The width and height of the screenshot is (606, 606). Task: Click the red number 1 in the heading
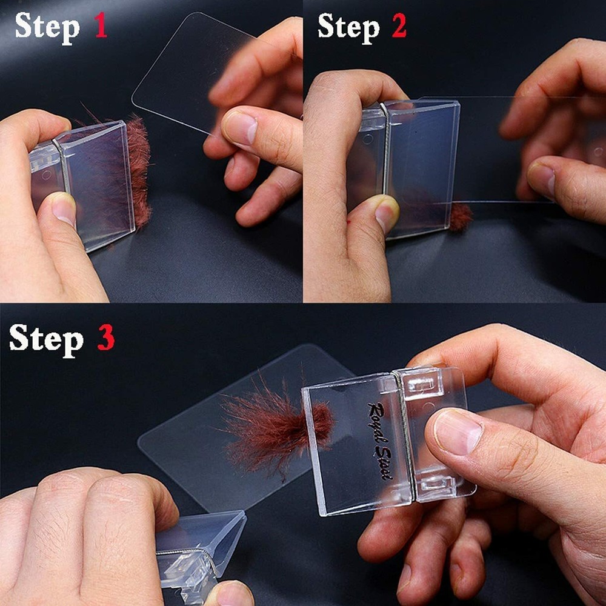100,26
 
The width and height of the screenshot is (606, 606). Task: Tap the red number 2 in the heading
399,26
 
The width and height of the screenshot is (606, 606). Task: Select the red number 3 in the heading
106,338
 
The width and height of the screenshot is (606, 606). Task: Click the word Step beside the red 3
46,338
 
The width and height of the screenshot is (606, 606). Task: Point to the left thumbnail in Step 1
64,210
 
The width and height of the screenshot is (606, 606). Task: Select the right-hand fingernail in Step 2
541,178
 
